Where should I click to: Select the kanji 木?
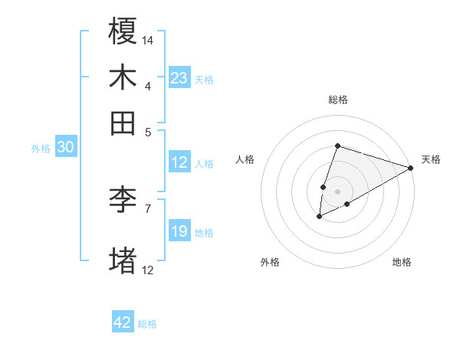(x=123, y=77)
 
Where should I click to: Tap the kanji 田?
(x=123, y=122)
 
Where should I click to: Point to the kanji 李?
(x=123, y=200)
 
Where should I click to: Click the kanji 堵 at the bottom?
(x=123, y=260)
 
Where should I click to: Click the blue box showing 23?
(x=179, y=78)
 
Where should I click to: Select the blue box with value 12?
(x=179, y=162)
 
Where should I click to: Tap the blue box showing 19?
(x=179, y=231)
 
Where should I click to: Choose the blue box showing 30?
(x=65, y=148)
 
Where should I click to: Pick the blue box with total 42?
(x=123, y=322)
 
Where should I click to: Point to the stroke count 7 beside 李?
(x=148, y=208)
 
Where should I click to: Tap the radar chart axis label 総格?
(x=337, y=100)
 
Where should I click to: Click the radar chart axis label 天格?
(x=431, y=159)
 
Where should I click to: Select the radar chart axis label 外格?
(x=270, y=263)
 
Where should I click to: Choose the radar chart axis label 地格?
(x=402, y=263)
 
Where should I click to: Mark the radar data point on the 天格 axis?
(x=411, y=168)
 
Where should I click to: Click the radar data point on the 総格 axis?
(x=337, y=146)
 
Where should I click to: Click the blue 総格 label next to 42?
(x=147, y=324)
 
